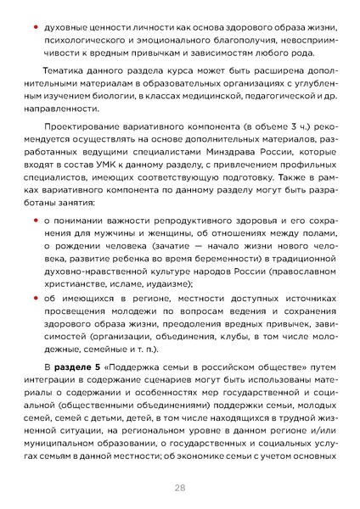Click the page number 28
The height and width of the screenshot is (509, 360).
click(x=180, y=488)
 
